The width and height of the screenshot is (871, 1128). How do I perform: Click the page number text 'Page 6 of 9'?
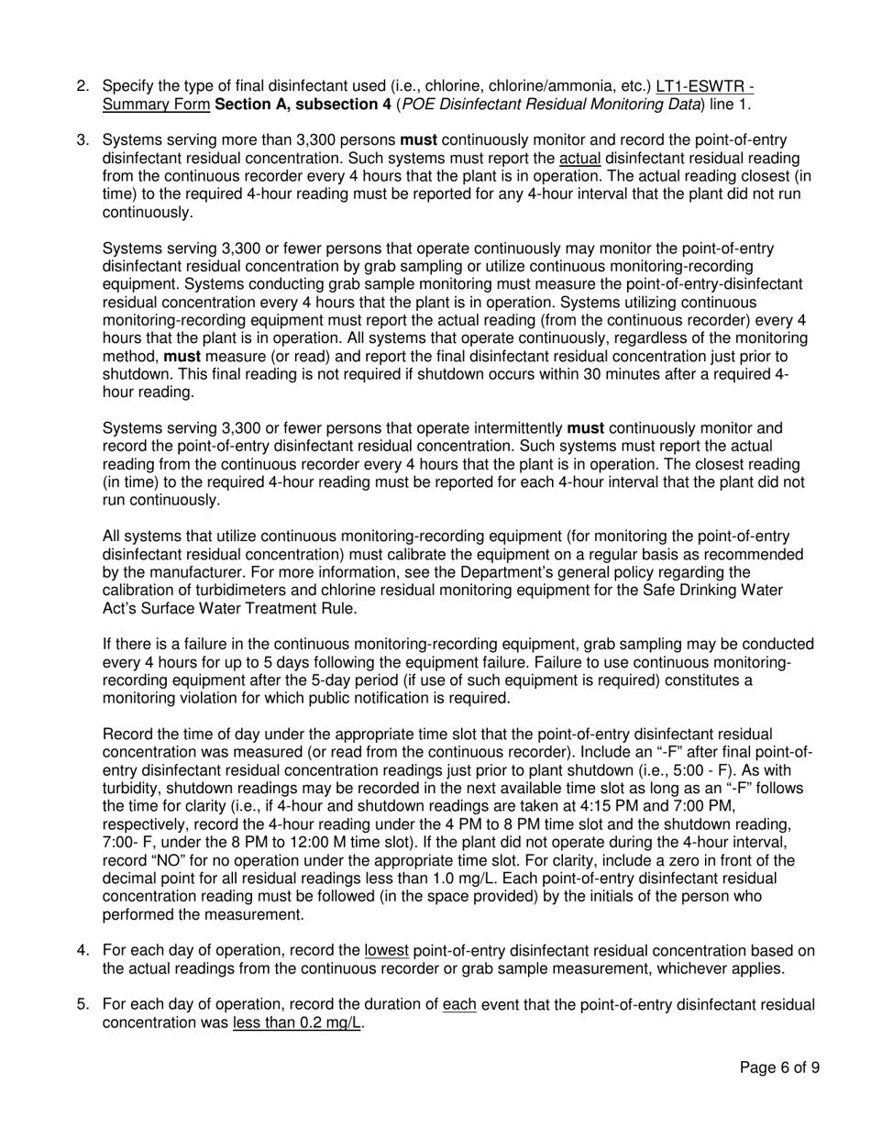point(779,1067)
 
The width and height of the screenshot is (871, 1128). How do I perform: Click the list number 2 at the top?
point(83,86)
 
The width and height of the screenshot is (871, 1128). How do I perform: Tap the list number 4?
point(83,951)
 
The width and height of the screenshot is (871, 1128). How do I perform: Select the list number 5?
point(83,1005)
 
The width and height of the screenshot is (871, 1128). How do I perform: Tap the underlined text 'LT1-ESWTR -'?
point(705,86)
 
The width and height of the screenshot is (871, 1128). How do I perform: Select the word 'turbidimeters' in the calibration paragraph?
point(229,591)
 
